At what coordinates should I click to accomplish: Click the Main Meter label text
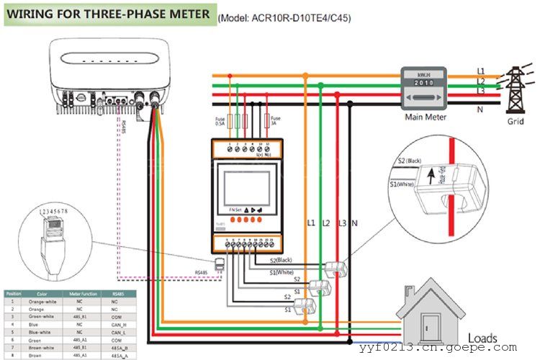click(426, 117)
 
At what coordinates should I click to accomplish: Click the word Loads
click(482, 338)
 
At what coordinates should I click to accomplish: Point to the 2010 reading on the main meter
click(426, 84)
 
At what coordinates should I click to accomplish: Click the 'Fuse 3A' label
click(274, 121)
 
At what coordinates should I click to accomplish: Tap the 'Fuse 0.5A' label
click(220, 121)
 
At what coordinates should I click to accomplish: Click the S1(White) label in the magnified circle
click(405, 186)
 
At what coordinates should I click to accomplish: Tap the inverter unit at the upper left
click(109, 76)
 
